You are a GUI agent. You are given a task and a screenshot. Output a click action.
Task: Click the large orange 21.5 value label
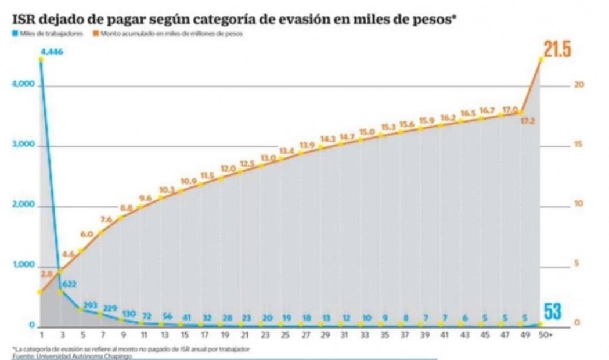(x=557, y=50)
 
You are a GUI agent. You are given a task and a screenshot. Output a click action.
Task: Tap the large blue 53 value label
(x=552, y=311)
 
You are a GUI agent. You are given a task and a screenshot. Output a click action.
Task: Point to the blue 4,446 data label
(x=51, y=52)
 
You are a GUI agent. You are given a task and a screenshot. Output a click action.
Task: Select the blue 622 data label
(x=69, y=284)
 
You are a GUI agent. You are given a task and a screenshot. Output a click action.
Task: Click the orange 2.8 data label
(x=48, y=273)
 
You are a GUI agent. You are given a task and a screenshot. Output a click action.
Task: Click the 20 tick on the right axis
(x=578, y=84)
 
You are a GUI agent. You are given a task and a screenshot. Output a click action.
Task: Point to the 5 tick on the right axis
(x=576, y=263)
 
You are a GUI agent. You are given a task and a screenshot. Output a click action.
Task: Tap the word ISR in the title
(x=25, y=19)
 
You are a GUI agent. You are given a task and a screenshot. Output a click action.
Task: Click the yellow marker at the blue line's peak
(x=41, y=60)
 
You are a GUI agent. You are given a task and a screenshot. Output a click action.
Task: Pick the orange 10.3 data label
(x=167, y=189)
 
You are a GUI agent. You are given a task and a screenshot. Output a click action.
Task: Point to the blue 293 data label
(x=89, y=304)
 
